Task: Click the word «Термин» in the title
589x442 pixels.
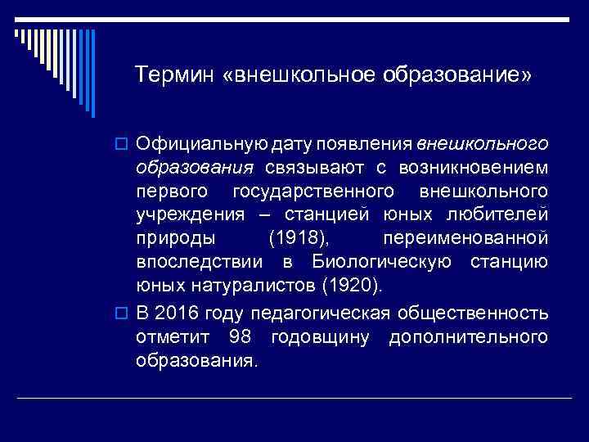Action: [174, 75]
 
